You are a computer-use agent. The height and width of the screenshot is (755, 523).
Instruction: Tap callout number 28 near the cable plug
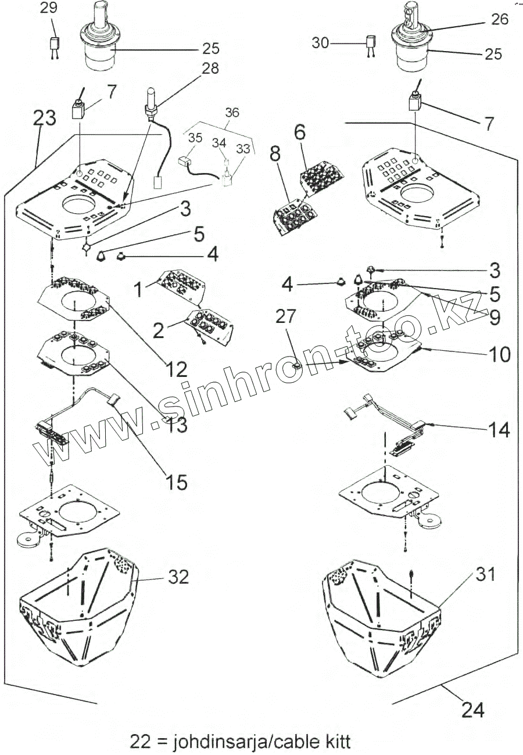click(210, 69)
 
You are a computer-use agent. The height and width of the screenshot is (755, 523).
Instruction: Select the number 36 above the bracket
click(232, 113)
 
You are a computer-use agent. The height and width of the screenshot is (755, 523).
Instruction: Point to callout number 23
click(44, 118)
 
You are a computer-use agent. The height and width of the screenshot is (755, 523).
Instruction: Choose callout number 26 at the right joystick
click(500, 19)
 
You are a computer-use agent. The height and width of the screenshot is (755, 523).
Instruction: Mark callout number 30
click(320, 43)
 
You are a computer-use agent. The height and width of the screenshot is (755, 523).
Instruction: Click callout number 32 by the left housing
click(178, 577)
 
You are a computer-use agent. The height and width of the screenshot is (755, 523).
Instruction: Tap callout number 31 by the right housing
click(485, 574)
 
